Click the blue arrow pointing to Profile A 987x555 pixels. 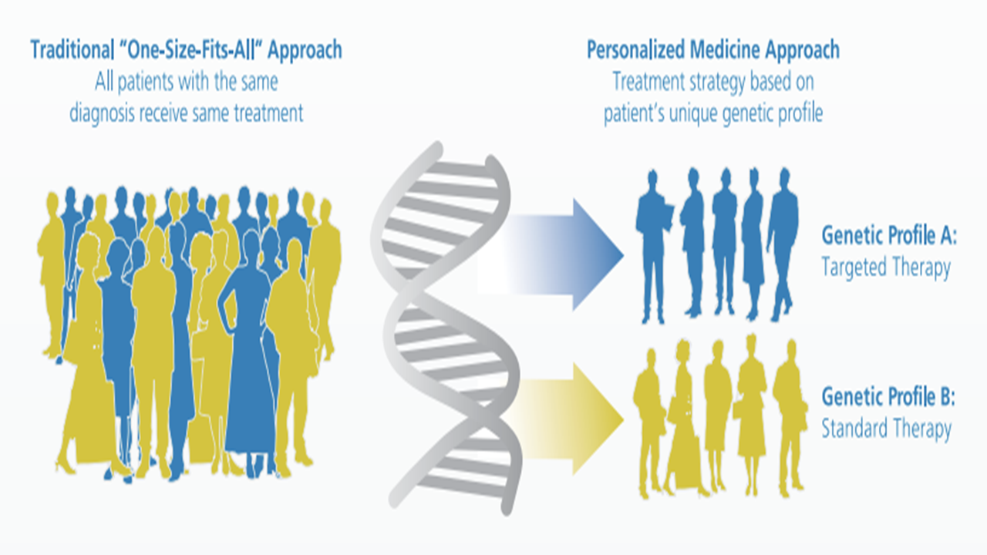click(586, 254)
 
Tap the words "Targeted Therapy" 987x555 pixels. click(885, 268)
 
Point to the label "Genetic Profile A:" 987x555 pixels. click(889, 235)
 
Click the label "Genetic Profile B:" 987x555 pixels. click(888, 398)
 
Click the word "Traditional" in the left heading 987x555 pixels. click(71, 51)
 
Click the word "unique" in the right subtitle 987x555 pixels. click(687, 114)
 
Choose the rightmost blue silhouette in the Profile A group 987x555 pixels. click(783, 247)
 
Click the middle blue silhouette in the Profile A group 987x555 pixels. click(724, 247)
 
